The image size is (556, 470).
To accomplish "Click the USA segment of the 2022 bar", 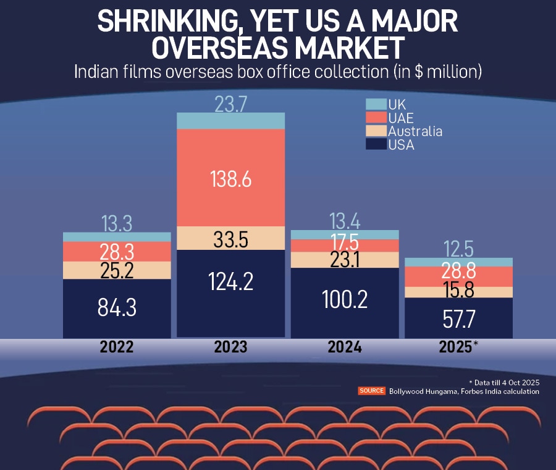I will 117,308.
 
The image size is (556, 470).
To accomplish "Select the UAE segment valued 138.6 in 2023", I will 230,178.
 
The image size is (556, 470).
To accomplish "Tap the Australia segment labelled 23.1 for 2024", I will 345,260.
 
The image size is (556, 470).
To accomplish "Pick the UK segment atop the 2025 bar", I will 458,262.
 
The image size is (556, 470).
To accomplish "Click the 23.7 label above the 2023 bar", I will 230,104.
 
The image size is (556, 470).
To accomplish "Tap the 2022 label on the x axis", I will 117,347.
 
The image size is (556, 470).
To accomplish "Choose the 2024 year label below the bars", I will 345,347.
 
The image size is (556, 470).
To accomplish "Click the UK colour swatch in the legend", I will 376,104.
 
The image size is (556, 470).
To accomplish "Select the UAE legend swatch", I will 376,117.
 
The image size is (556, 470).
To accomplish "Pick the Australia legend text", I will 415,131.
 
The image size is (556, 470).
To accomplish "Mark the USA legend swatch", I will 376,145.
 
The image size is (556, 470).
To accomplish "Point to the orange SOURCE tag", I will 371,391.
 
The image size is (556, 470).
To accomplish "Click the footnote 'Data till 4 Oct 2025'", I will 505,382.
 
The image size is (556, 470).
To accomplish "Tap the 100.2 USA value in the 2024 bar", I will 345,299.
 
